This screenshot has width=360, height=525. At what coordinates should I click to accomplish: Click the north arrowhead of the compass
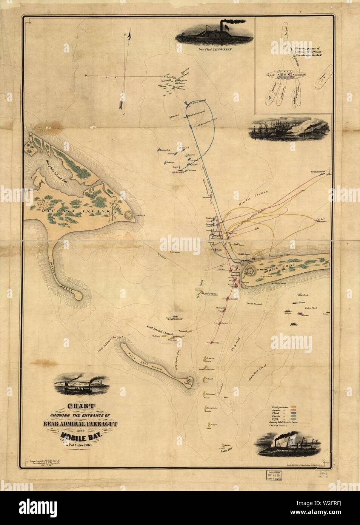click(129, 35)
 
